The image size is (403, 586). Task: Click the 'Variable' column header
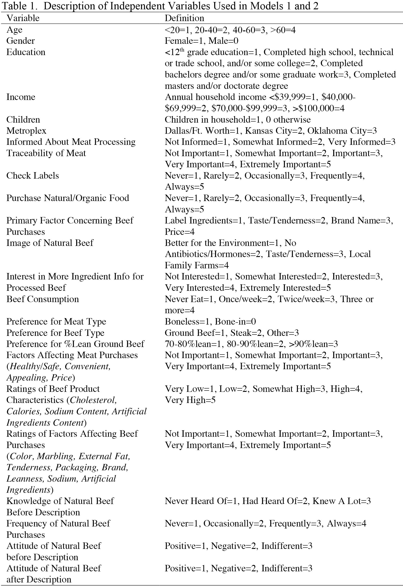pos(23,18)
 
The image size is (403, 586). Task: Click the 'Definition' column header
pos(184,18)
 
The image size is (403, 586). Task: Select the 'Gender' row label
pos(20,41)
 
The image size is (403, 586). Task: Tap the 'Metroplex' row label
pos(26,131)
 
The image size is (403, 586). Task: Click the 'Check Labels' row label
pos(33,176)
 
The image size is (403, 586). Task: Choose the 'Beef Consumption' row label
pos(42,299)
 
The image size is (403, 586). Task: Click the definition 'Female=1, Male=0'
pos(201,41)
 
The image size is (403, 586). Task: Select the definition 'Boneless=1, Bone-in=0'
pos(210,322)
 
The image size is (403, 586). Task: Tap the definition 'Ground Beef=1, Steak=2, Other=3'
pos(231,333)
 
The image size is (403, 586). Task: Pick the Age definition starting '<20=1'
pos(230,30)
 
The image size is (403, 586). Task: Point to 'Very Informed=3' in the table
pos(362,142)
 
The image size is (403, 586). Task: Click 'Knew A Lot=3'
pos(342,501)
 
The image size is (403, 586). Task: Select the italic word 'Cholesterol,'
pos(93,400)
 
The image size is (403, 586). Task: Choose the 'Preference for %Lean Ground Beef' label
pos(75,344)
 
